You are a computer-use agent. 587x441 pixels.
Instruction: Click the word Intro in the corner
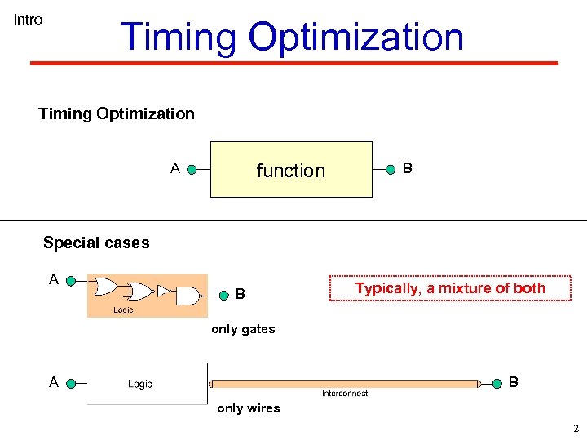coord(28,20)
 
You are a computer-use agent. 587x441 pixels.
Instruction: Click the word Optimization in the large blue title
coord(355,38)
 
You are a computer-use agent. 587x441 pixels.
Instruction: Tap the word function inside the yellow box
coord(290,171)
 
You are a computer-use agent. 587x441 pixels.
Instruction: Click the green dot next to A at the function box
coord(192,170)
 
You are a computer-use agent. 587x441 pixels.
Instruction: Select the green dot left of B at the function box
coord(391,170)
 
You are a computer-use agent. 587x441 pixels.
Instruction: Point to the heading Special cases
coord(96,243)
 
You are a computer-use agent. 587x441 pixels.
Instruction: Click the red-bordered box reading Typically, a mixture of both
coord(449,288)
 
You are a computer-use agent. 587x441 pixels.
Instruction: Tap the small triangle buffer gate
coord(163,291)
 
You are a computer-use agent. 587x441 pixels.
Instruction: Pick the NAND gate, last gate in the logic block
coord(188,296)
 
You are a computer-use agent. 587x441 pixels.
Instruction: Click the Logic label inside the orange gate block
coord(123,310)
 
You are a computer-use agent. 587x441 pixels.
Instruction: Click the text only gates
coord(243,329)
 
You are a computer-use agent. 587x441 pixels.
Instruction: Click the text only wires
coord(248,408)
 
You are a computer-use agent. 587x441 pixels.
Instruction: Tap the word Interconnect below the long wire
coord(344,394)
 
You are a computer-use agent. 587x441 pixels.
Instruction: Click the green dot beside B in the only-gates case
coord(220,292)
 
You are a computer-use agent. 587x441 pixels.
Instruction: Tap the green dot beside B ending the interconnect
coord(497,383)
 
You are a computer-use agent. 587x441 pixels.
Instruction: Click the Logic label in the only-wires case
coord(140,384)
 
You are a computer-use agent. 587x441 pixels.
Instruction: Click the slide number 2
coord(575,429)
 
